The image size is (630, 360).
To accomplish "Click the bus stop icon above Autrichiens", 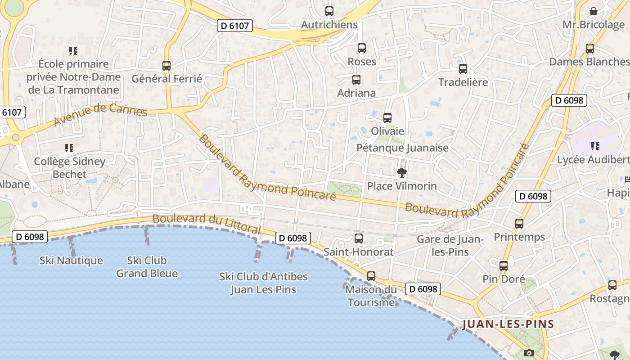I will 329,11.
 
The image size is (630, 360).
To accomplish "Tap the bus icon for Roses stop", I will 362,48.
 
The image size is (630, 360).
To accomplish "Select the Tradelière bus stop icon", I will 463,69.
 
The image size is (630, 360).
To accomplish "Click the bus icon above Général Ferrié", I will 166,66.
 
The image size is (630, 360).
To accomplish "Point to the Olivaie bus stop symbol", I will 387,118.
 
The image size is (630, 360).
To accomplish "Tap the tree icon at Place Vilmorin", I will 401,172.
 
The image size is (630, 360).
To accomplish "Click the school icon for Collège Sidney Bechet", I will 69,148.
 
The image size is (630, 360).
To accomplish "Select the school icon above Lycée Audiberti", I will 595,146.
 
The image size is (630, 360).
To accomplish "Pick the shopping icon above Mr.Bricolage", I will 594,11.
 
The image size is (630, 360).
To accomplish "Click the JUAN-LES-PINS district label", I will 508,324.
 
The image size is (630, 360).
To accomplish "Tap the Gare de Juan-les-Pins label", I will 450,246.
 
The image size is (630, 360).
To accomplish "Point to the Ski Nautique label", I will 71,261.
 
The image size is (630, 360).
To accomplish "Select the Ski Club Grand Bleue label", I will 147,267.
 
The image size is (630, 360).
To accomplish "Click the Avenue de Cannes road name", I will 100,115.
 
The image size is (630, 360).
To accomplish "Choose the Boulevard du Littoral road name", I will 207,224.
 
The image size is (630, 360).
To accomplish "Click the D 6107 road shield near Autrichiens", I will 235,26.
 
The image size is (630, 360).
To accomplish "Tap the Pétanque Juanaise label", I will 402,148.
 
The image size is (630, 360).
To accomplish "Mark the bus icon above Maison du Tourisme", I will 371,276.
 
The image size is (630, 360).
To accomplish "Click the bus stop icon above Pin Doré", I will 504,266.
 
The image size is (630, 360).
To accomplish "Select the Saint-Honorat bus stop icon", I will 359,238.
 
